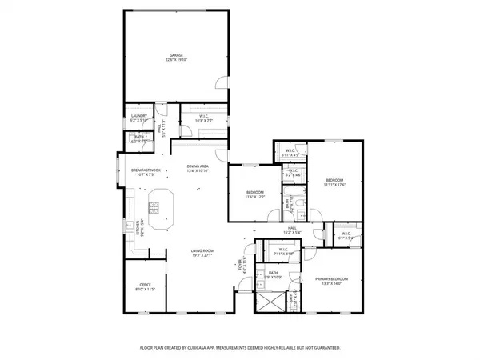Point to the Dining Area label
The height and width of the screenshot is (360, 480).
[198, 167]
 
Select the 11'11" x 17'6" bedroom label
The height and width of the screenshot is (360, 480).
[334, 182]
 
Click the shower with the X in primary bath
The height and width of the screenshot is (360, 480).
[267, 302]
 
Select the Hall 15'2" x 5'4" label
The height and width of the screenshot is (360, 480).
[294, 230]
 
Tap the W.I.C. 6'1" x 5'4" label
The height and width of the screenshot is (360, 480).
[345, 236]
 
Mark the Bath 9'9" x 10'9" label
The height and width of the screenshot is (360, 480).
[273, 274]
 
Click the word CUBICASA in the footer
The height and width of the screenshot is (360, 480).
[202, 349]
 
